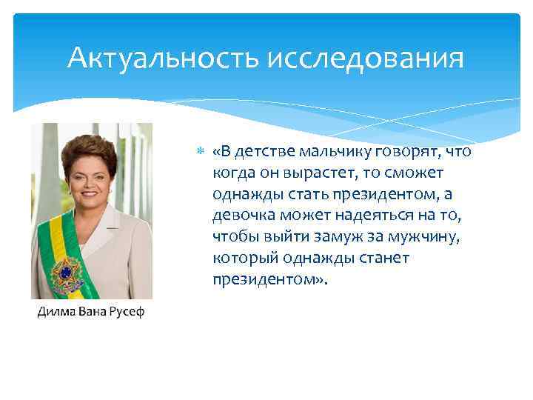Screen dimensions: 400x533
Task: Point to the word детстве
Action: pos(261,152)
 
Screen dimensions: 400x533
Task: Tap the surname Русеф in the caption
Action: pos(126,312)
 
